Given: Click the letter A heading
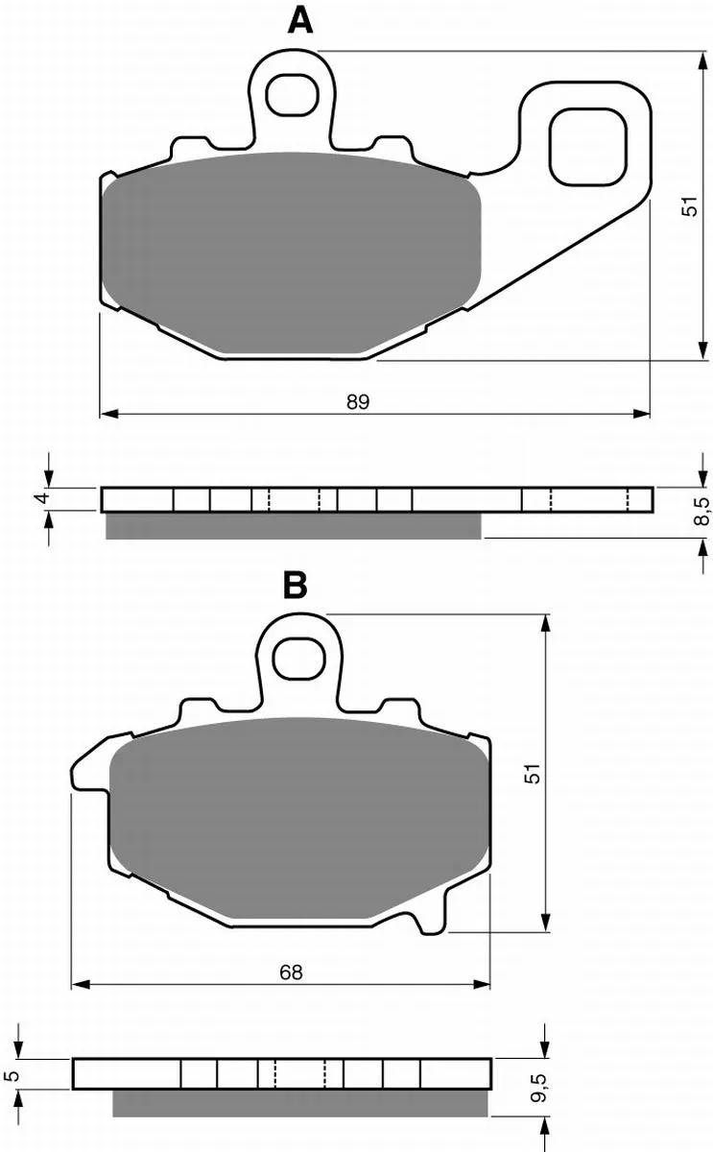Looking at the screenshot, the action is pyautogui.click(x=300, y=21).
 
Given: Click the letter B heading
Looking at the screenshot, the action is pyautogui.click(x=296, y=586).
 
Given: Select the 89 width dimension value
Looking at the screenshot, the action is pyautogui.click(x=358, y=401).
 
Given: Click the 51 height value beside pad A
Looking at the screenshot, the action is pyautogui.click(x=691, y=205).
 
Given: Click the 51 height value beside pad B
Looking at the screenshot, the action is pyautogui.click(x=533, y=773).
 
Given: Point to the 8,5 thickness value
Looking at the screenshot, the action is pyautogui.click(x=701, y=511).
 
